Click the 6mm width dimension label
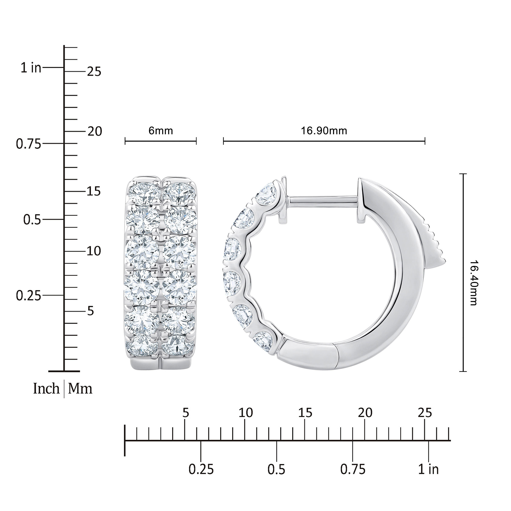click(161, 131)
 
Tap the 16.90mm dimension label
click(324, 131)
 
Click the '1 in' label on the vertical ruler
click(31, 68)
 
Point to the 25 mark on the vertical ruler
click(94, 72)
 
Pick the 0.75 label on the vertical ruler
click(29, 144)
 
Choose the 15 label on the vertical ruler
click(94, 191)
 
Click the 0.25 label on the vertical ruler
click(29, 296)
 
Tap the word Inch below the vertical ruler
click(46, 389)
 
